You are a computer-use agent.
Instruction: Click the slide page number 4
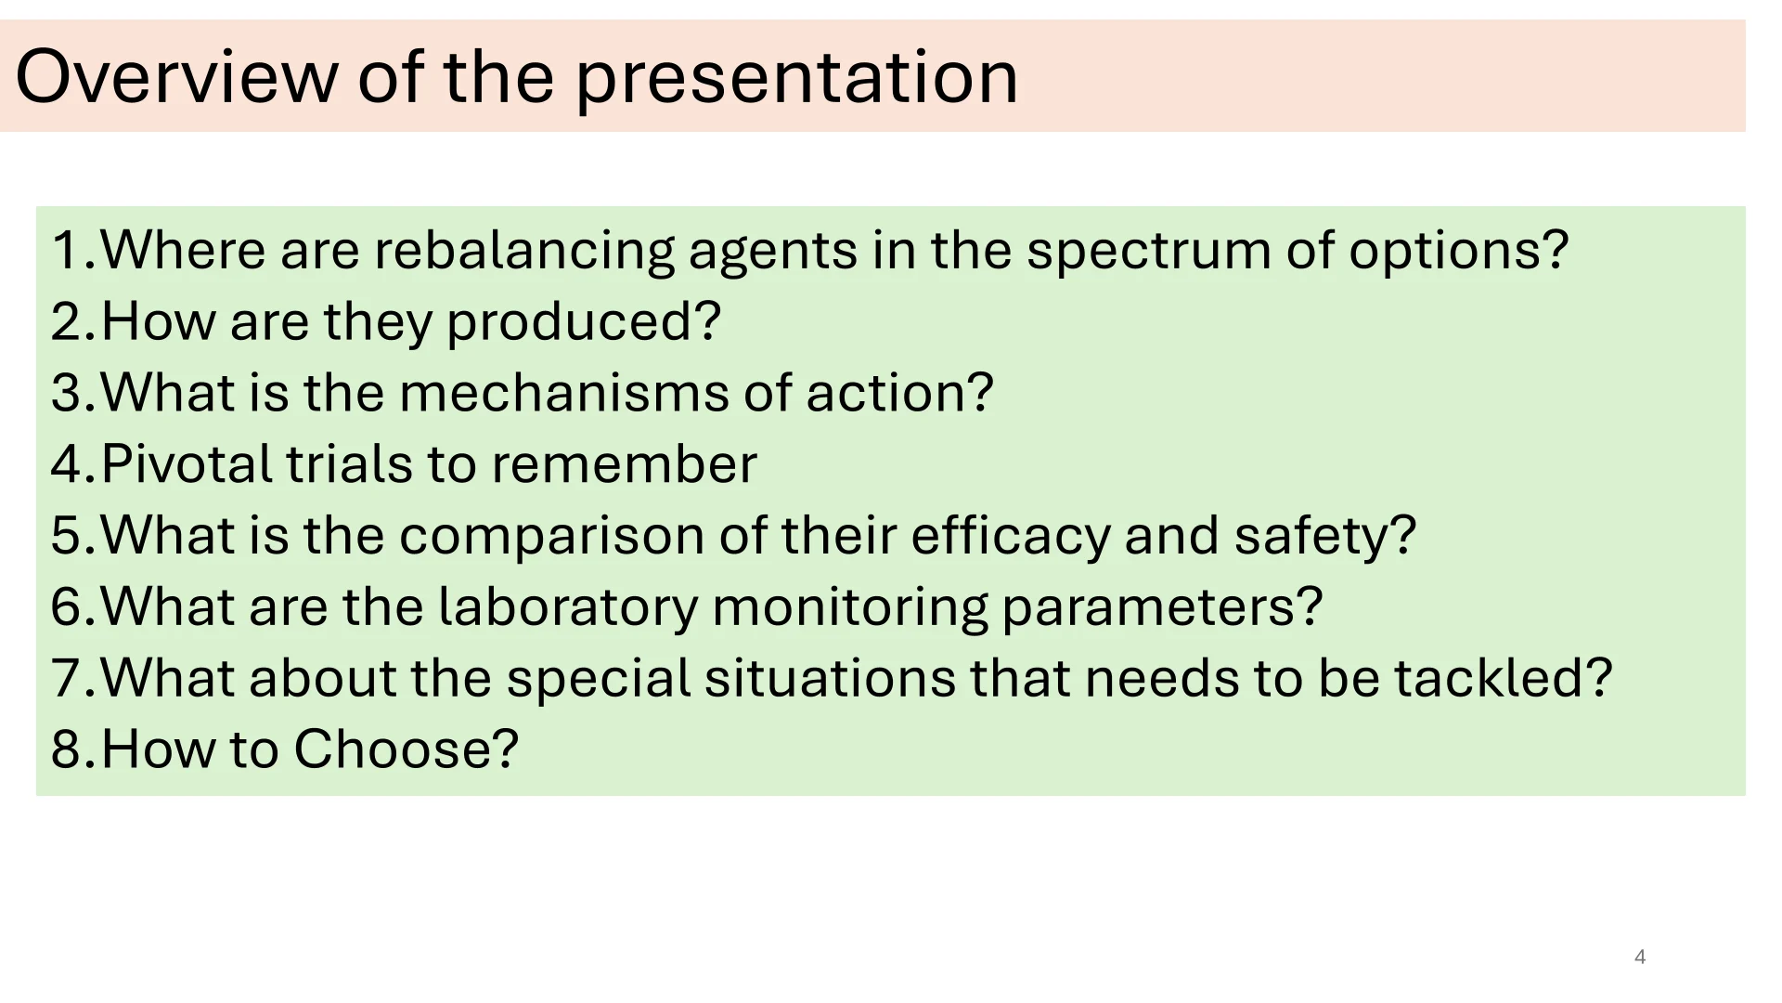pyautogui.click(x=1640, y=957)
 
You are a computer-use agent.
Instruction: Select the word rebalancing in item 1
pyautogui.click(x=524, y=251)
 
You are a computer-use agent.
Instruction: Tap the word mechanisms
pyautogui.click(x=564, y=393)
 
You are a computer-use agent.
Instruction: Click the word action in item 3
pyautogui.click(x=899, y=394)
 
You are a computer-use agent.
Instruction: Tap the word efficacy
pyautogui.click(x=1011, y=537)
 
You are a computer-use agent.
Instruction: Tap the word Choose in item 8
pyautogui.click(x=406, y=749)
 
